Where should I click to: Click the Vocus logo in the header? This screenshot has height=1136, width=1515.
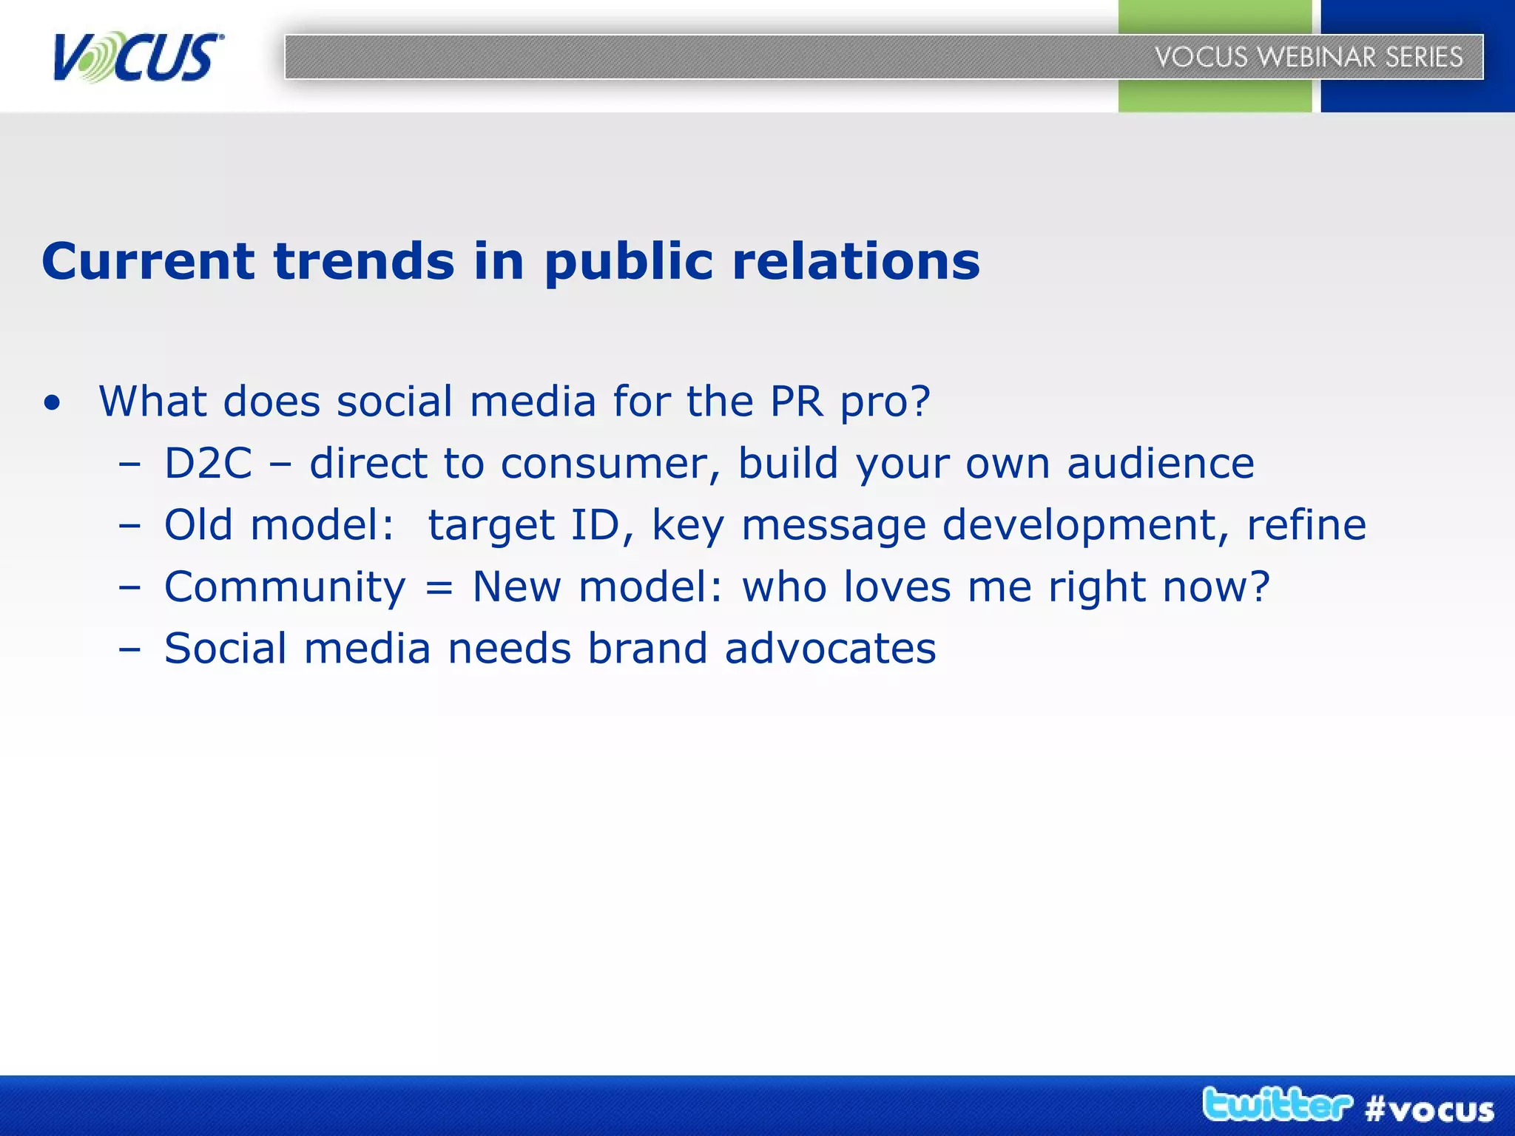point(138,57)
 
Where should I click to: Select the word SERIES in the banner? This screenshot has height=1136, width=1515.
point(1424,57)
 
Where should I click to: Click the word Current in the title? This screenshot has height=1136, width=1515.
point(148,261)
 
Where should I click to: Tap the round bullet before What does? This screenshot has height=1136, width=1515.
point(52,404)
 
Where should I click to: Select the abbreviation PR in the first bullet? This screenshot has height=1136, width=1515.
point(796,402)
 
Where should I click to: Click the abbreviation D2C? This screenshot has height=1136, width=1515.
point(208,464)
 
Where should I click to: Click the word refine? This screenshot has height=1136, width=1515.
point(1306,525)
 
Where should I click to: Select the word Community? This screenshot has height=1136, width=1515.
point(285,588)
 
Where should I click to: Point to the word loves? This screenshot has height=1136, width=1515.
point(897,587)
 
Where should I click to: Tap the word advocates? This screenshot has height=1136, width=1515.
point(830,649)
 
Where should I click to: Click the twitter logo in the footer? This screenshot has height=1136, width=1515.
point(1277,1105)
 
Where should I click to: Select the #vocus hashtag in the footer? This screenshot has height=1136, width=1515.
point(1429,1109)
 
